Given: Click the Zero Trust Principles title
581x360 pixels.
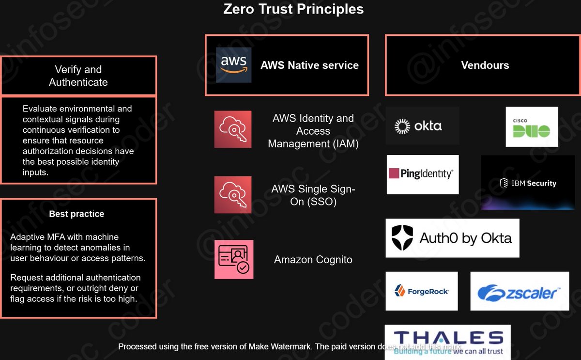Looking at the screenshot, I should (293, 9).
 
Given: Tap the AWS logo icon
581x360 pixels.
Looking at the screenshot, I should (233, 65).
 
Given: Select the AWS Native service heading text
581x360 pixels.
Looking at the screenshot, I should (309, 65).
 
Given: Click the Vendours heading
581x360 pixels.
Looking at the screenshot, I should (485, 65).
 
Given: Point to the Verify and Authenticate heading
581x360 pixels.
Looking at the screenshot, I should (78, 76).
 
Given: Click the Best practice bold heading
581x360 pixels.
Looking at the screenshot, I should (76, 214).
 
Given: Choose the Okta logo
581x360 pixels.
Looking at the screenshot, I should (422, 126).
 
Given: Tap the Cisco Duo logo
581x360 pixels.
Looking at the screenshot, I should (532, 127).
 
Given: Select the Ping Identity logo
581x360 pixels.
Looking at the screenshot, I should (422, 174).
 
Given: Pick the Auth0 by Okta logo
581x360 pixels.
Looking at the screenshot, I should (452, 238).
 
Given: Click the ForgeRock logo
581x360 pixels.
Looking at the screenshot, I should (421, 291).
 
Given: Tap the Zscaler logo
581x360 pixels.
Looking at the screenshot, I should (519, 291).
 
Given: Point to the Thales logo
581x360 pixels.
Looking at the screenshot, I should (447, 342).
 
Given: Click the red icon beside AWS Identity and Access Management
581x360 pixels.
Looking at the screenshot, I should (233, 129).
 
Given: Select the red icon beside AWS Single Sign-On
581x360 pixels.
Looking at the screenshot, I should (233, 195).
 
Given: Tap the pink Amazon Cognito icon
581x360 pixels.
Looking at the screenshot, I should (233, 260).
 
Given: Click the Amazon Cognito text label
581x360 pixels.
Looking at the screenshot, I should (313, 260).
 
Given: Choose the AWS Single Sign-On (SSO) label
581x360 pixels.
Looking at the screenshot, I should (313, 195).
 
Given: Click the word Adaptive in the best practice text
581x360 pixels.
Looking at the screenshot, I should (26, 237).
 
